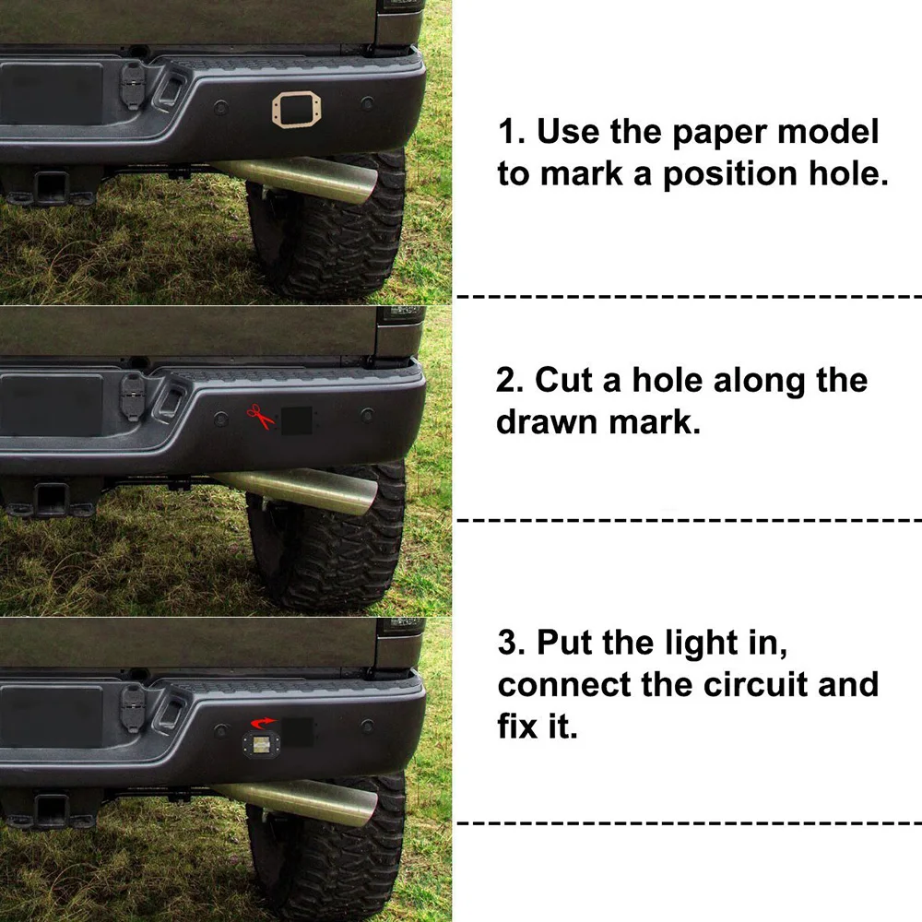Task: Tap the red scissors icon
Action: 260,417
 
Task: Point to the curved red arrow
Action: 263,722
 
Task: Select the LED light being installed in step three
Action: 261,746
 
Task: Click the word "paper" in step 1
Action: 719,133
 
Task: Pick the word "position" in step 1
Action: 730,174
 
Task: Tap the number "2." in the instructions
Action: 510,380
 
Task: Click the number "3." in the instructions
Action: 512,642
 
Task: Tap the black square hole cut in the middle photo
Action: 296,420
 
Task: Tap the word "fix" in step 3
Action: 518,726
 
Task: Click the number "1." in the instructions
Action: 511,131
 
